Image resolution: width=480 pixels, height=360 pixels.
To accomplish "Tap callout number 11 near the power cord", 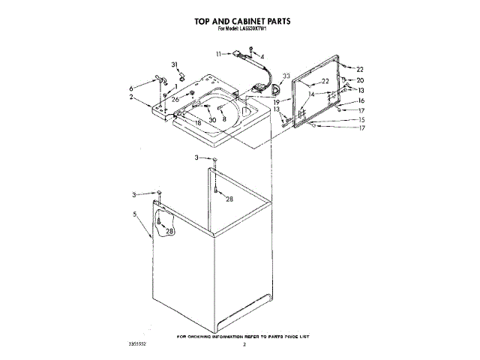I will pos(220,54).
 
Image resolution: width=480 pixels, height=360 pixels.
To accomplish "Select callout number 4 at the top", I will pos(262,57).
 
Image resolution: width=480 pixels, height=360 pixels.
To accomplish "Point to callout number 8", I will pos(223,118).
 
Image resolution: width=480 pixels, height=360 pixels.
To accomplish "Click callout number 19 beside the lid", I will pos(276,101).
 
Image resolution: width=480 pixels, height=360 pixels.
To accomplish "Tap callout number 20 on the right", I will pos(359,80).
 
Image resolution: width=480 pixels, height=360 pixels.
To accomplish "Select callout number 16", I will pos(361,100).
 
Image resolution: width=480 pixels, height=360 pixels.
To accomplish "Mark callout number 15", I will pos(361,120).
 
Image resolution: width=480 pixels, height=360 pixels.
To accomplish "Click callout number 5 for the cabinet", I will pos(135,214).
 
